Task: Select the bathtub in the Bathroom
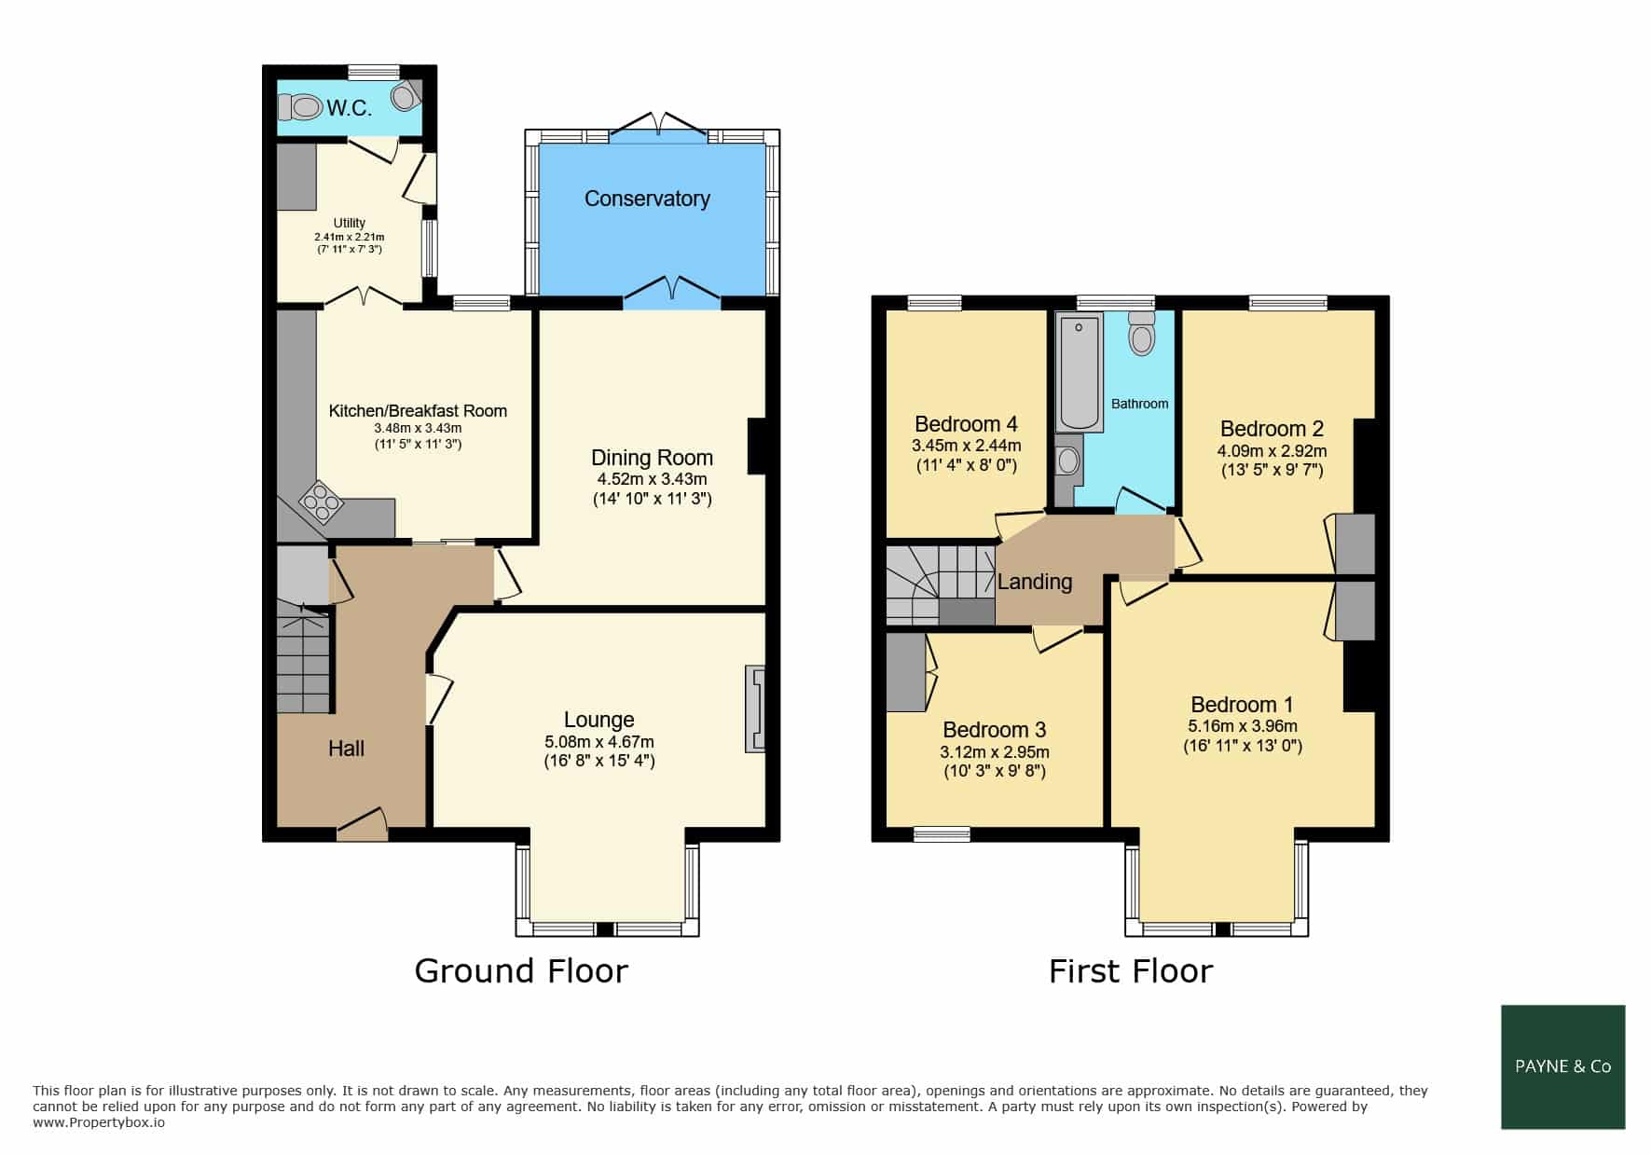pos(1080,373)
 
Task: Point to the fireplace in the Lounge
pos(754,708)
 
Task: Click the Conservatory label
pos(647,199)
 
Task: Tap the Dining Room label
pos(652,458)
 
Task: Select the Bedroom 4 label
pos(966,424)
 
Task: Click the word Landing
pos(1035,582)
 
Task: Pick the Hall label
pos(346,749)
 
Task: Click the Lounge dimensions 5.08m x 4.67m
pos(599,742)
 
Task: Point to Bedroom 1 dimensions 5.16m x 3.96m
pos(1243,726)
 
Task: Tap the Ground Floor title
pos(521,970)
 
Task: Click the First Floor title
pos(1131,971)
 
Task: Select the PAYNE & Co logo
pos(1563,1067)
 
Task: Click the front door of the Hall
pos(362,822)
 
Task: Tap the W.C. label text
pos(349,108)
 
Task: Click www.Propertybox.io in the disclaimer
pos(99,1123)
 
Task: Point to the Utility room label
pos(350,223)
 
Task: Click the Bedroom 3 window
pos(942,834)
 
